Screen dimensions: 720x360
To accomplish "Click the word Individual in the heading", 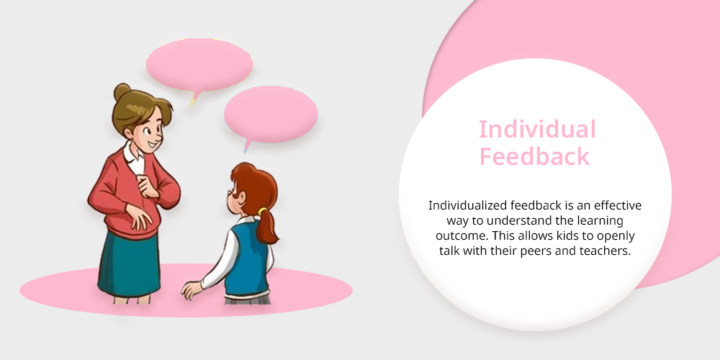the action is tap(537, 130).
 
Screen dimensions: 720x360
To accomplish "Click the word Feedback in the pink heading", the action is tap(534, 156).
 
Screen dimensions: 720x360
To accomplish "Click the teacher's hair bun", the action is tap(122, 91).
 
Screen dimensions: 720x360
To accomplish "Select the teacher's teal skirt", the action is tap(129, 264).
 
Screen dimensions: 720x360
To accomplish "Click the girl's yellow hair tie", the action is tap(262, 211).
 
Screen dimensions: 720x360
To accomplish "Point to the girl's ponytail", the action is tap(266, 228).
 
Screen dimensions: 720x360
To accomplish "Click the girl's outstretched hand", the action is tap(192, 290).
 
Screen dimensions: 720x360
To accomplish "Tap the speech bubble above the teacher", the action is tap(199, 66).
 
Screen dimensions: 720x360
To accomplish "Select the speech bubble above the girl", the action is tap(271, 114).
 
